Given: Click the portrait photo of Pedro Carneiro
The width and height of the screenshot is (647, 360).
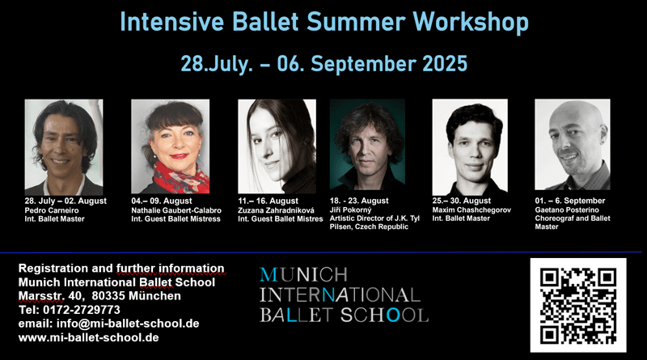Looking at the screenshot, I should tap(64, 146).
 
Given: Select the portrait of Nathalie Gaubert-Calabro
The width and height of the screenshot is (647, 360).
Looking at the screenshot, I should tap(170, 146).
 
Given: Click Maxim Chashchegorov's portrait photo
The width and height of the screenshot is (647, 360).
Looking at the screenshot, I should tap(470, 146).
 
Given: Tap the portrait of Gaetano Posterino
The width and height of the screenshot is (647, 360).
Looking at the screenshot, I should tap(573, 145).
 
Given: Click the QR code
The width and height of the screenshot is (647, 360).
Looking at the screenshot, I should tap(577, 303).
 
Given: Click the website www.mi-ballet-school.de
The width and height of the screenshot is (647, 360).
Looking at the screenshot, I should tap(88, 337).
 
